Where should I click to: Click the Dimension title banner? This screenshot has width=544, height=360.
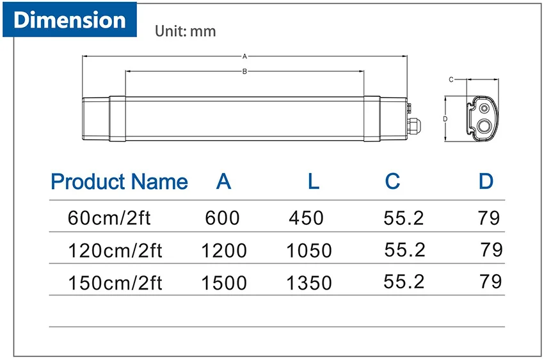pos(70,20)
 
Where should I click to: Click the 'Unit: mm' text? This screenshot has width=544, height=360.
pos(186,31)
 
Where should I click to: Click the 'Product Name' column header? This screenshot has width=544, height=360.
pos(119,182)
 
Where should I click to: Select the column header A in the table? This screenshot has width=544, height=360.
pos(223,182)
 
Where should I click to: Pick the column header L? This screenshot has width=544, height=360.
pos(313,182)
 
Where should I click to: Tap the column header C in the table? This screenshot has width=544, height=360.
pos(392,182)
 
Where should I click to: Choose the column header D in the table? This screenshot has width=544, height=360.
pos(486,182)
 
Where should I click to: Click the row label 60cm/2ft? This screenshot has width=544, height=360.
pos(109,218)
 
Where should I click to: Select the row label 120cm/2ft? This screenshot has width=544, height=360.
pos(115,250)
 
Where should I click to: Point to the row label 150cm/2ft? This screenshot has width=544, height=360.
pos(115,282)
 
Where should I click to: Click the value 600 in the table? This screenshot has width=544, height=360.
pos(223,218)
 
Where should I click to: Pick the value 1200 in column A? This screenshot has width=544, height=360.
pos(224,250)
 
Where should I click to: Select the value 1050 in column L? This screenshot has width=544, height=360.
pos(310,250)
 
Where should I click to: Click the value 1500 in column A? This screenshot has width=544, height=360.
pos(224,282)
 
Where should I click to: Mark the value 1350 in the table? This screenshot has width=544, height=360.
pos(310,282)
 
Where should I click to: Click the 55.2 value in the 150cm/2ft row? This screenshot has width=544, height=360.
pos(404,281)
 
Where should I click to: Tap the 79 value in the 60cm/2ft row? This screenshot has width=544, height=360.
pos(488,218)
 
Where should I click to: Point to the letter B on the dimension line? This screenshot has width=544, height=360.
pos(244,72)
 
